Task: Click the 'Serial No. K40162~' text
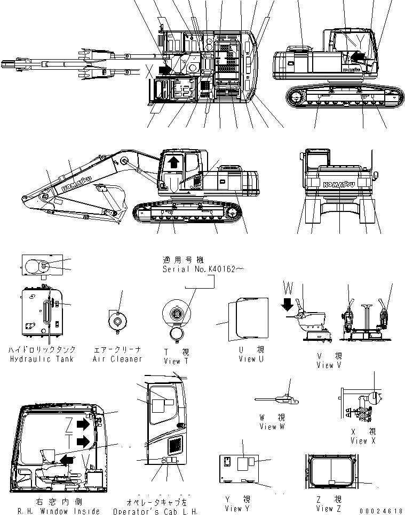[203, 270]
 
